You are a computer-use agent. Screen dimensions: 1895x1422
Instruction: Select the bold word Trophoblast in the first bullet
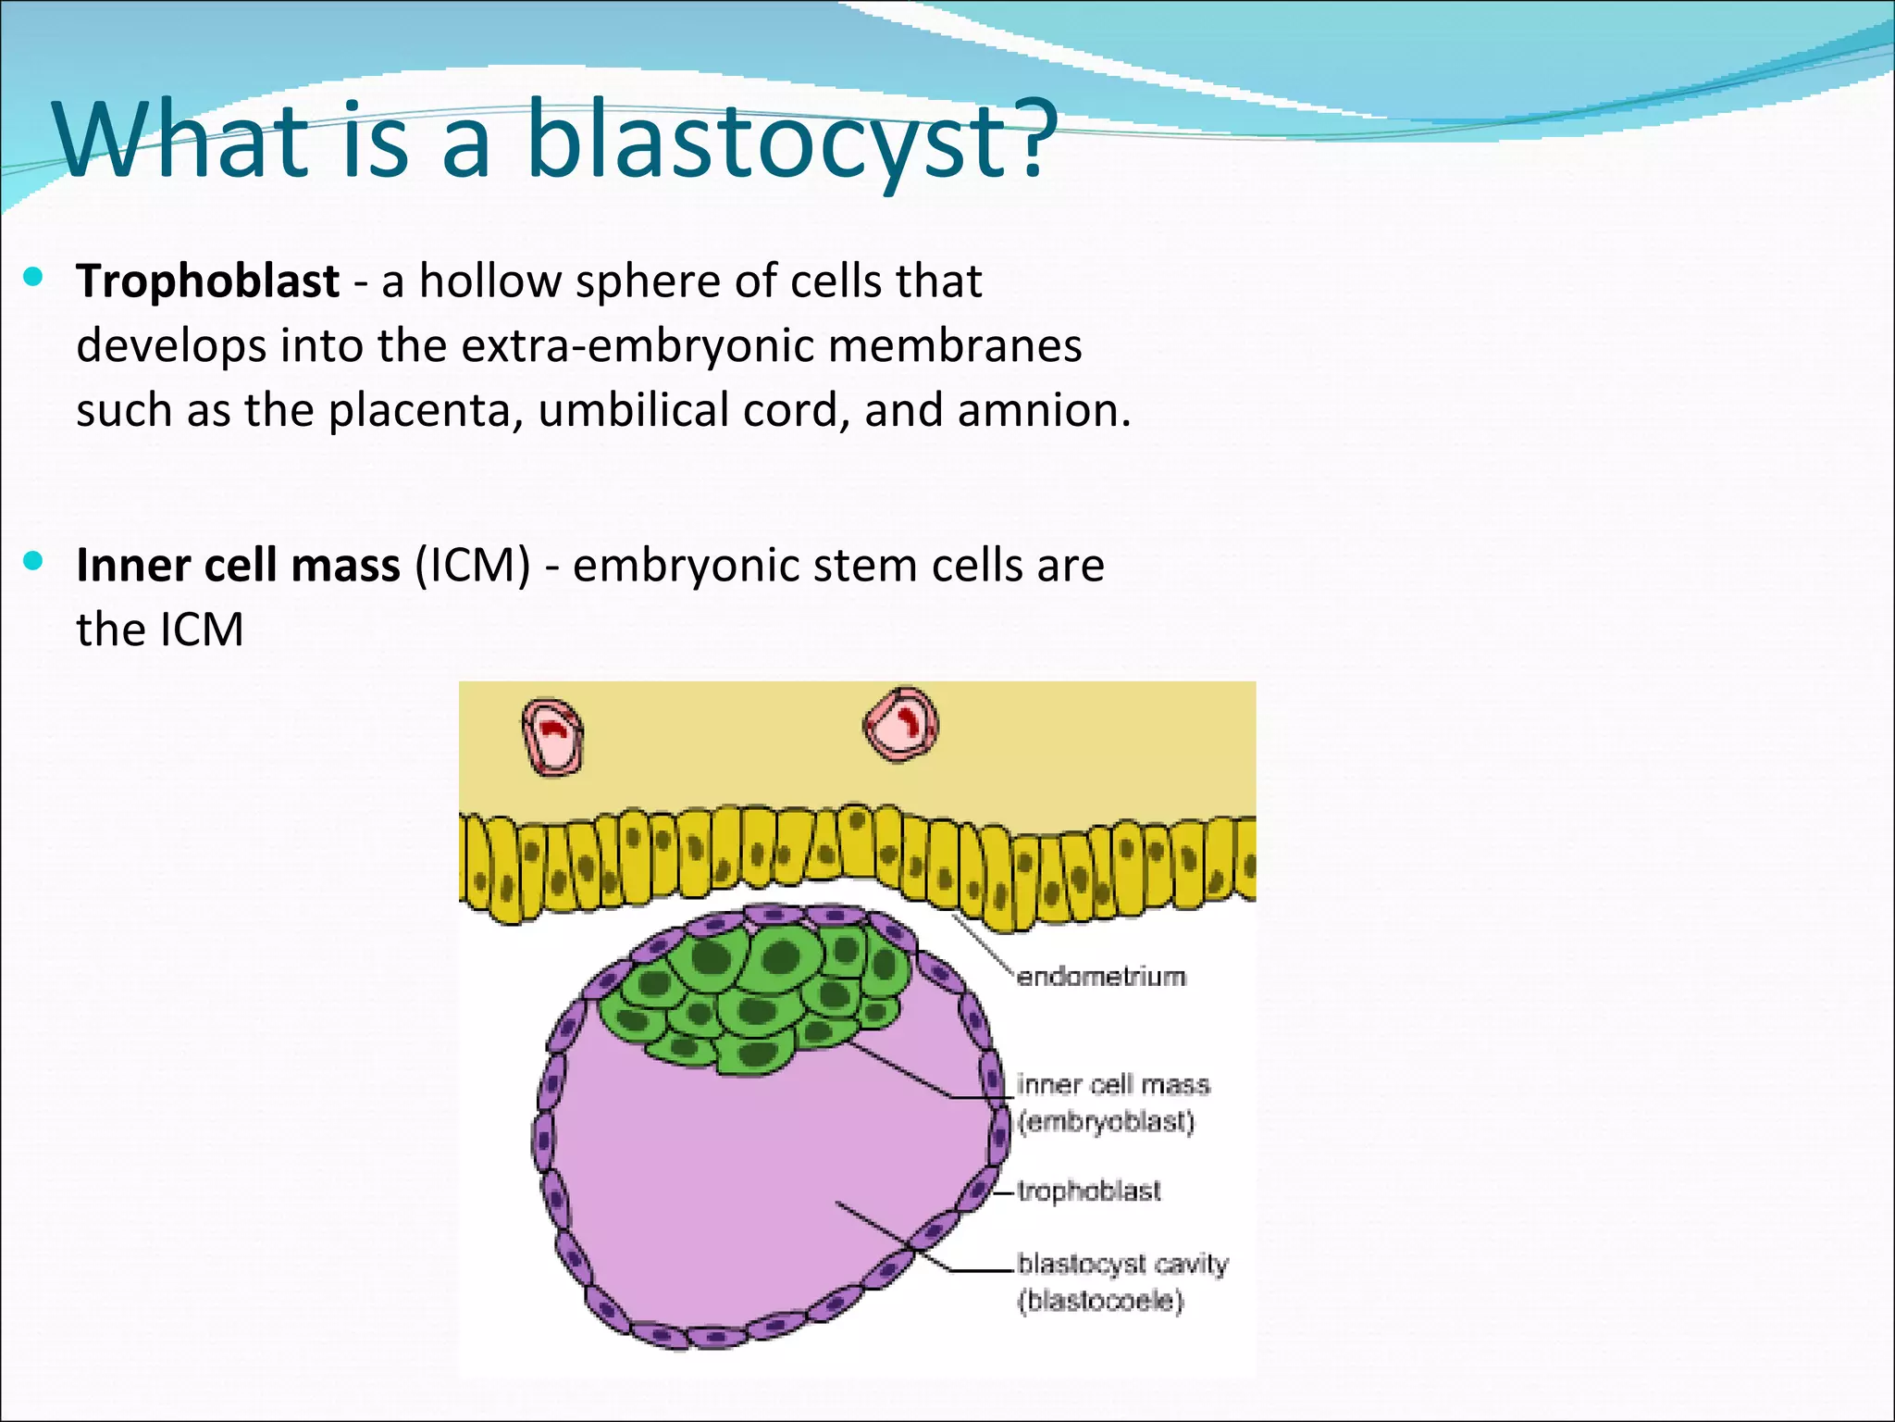pos(207,281)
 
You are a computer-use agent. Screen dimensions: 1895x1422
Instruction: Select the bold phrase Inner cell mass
pos(238,565)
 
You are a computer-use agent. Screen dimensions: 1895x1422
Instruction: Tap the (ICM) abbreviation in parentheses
pos(472,565)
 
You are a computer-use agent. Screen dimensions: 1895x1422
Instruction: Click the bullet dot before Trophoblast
pos(34,277)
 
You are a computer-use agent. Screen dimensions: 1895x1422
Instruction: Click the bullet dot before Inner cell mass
pos(34,561)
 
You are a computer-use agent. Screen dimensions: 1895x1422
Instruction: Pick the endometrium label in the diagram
pos(1100,977)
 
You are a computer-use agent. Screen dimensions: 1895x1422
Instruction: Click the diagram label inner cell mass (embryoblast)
pos(1112,1103)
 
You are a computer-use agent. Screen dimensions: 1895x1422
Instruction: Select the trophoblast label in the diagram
pos(1088,1191)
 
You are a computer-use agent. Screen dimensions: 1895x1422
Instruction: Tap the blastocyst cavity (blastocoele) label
pos(1121,1282)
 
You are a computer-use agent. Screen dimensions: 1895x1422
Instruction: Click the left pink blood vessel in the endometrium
pos(552,736)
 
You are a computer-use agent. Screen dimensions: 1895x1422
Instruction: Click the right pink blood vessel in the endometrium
pos(900,724)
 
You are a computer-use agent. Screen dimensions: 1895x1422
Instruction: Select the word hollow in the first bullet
pos(489,281)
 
